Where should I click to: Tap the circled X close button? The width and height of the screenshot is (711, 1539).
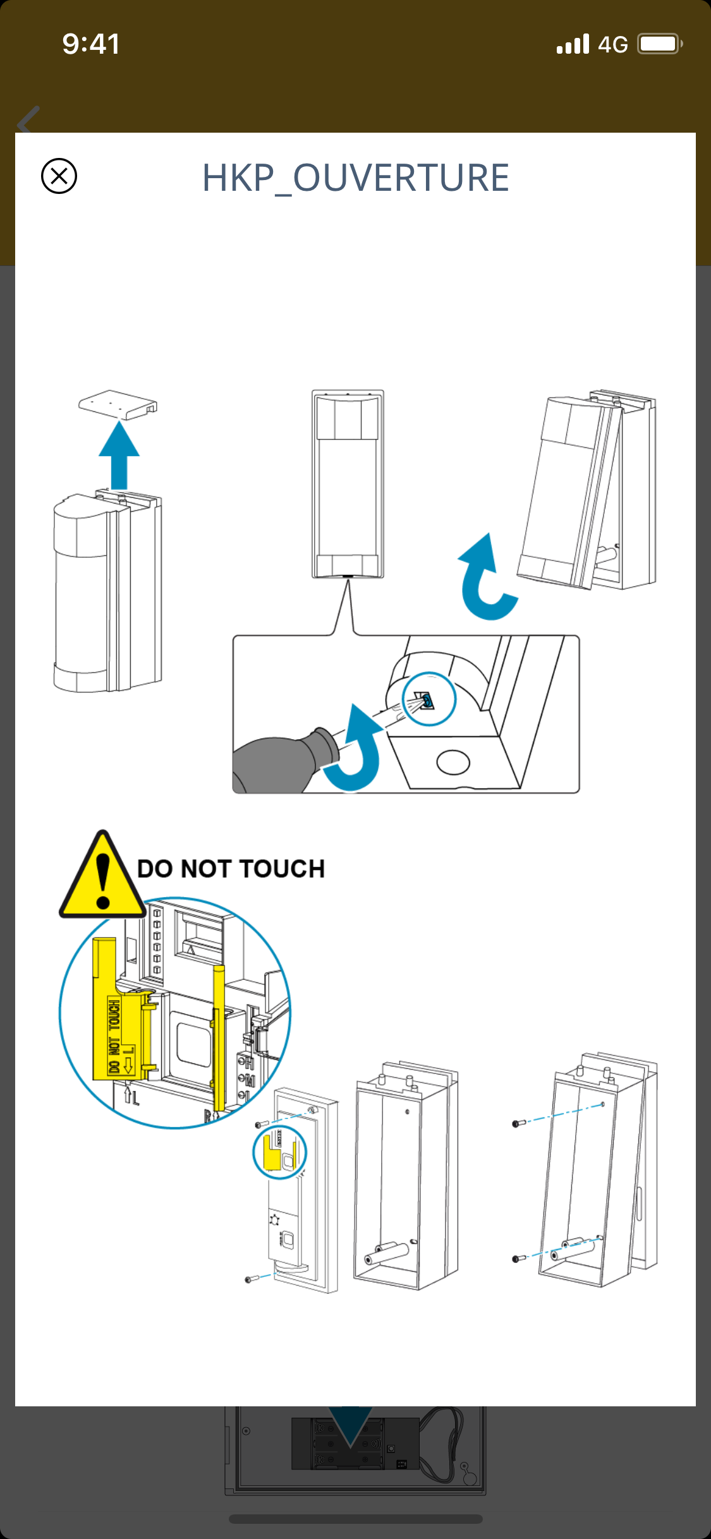[59, 176]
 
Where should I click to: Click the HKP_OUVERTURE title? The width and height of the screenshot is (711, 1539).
[355, 178]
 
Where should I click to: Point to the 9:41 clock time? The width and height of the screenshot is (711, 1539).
[91, 44]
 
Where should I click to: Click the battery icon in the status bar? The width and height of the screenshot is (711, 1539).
[659, 44]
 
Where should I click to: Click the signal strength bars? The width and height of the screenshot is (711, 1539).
[573, 44]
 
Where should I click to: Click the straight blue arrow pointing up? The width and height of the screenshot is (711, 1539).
[119, 455]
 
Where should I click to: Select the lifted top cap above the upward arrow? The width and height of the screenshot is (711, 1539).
[118, 404]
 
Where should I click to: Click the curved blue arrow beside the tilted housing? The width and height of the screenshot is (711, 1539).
[484, 578]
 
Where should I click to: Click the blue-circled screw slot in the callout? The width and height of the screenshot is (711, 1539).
[429, 699]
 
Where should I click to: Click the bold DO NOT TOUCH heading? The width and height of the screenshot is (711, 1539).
[231, 869]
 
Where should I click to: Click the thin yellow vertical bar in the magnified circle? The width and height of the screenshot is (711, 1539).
[219, 1036]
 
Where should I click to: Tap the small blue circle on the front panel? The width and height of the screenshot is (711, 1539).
[279, 1152]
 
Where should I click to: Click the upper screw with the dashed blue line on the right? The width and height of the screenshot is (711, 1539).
[518, 1123]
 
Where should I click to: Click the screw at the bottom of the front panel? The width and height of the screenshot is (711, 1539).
[250, 1279]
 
